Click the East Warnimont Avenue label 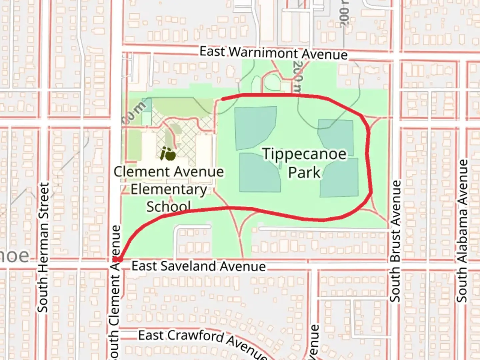273,53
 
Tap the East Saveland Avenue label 199,266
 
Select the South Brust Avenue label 395,241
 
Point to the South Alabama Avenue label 462,231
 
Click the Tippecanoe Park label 304,163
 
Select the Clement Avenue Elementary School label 169,189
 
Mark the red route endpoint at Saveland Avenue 119,259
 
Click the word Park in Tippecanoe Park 304,173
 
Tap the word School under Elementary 169,206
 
